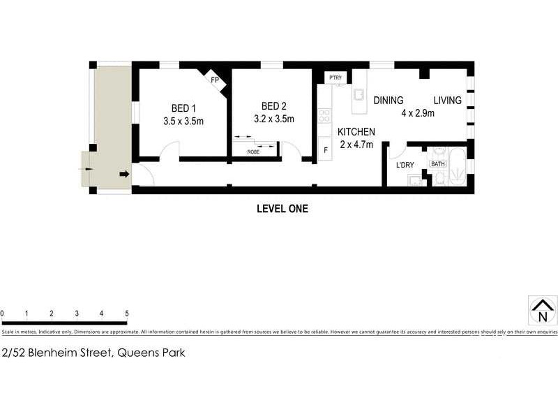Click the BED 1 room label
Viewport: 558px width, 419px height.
(x=183, y=108)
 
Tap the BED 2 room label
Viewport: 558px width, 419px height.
(x=274, y=106)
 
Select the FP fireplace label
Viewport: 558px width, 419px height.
(x=215, y=80)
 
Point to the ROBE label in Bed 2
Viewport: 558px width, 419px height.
(x=253, y=150)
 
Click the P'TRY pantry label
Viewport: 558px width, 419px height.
(x=335, y=77)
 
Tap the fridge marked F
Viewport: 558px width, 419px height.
(x=325, y=149)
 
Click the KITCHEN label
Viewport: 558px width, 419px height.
(x=356, y=132)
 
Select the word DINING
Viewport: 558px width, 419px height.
(x=389, y=101)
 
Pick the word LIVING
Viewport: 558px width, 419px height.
(x=447, y=101)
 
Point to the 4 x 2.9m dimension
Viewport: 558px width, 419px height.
(x=418, y=113)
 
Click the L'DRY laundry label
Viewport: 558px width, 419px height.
(x=405, y=166)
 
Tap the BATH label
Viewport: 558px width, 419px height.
(x=437, y=164)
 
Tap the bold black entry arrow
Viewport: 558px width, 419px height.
(x=124, y=174)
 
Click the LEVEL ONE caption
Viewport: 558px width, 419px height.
(x=282, y=208)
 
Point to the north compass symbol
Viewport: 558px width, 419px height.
(x=542, y=309)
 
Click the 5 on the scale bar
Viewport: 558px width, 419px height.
(x=126, y=313)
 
